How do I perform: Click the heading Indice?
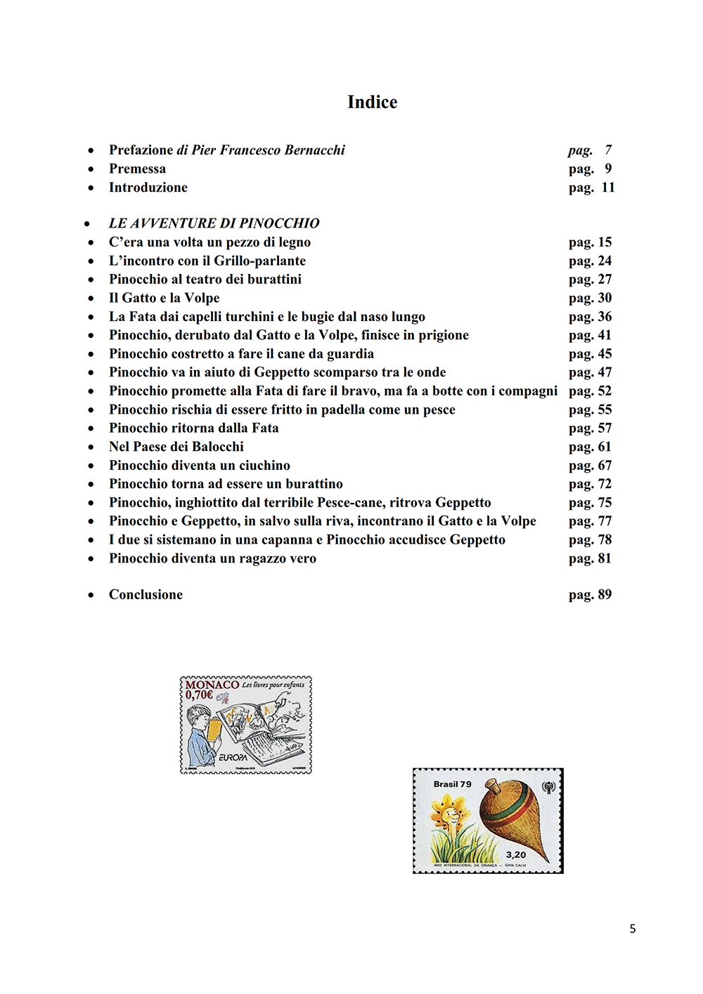click(x=372, y=103)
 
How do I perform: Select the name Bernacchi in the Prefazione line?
click(x=314, y=150)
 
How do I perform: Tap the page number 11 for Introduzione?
click(x=607, y=188)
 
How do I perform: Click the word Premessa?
click(x=137, y=169)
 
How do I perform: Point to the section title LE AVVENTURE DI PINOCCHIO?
click(x=214, y=223)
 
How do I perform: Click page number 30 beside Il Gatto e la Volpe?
click(x=605, y=298)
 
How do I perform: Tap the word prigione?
click(x=443, y=336)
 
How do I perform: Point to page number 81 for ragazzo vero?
click(x=605, y=558)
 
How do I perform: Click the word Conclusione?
click(x=146, y=595)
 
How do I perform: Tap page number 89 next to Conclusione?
click(x=605, y=595)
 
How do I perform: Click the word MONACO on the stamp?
click(x=212, y=685)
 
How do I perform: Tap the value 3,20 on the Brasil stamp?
click(x=516, y=855)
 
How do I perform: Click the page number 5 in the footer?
click(x=633, y=929)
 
